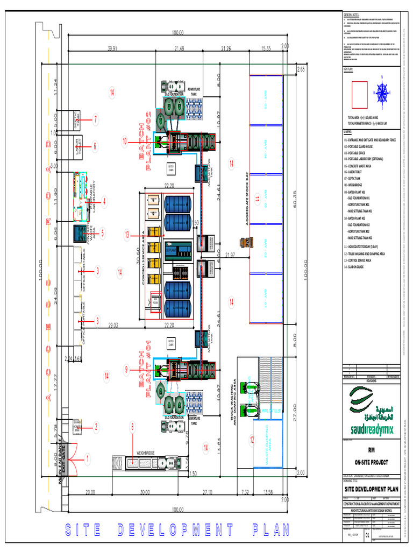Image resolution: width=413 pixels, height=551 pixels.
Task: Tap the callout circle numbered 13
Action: click(x=127, y=235)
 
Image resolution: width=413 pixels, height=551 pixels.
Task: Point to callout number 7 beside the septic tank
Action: click(x=95, y=119)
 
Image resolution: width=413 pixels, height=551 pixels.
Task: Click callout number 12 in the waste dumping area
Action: click(x=252, y=440)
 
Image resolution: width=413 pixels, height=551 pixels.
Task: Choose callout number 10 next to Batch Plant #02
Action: click(x=125, y=142)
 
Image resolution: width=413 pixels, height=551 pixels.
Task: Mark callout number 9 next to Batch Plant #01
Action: click(x=127, y=369)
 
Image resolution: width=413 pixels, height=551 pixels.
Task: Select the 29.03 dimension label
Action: click(x=113, y=326)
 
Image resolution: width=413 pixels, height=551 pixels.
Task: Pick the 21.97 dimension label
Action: click(x=231, y=255)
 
